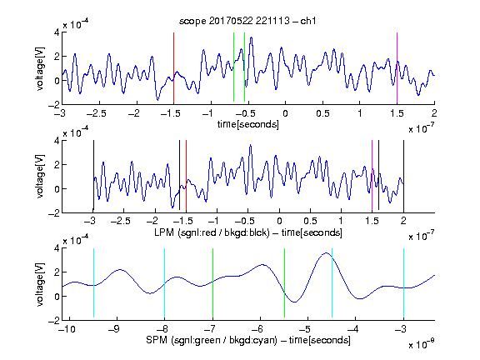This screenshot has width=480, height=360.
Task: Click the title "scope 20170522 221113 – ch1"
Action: point(247,21)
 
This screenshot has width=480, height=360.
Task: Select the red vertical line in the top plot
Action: point(173,68)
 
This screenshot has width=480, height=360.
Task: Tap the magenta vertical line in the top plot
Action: point(397,68)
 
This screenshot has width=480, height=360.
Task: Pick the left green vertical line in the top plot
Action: point(233,67)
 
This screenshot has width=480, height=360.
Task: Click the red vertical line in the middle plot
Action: point(186,176)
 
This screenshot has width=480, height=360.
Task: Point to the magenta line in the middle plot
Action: point(372,176)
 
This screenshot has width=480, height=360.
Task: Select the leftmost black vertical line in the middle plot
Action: point(93,176)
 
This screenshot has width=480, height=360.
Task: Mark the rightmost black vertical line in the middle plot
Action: point(403,176)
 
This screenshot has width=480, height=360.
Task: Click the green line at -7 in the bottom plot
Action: point(212,283)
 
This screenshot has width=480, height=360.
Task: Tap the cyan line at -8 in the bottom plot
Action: point(164,283)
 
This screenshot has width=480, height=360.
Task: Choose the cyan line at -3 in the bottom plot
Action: point(403,283)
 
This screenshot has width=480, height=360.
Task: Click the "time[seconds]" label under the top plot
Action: point(248,124)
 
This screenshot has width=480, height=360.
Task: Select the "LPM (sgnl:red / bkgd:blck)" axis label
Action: point(212,232)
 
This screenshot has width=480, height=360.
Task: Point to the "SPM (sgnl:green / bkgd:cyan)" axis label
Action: point(212,340)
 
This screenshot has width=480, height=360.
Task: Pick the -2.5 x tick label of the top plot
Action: point(97,113)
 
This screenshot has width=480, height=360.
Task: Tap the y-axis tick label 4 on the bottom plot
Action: point(57,248)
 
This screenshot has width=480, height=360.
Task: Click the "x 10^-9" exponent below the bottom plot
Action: point(422,344)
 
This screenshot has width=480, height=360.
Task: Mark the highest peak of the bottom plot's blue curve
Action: point(327,252)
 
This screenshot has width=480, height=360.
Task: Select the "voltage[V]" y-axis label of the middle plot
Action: point(40,176)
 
